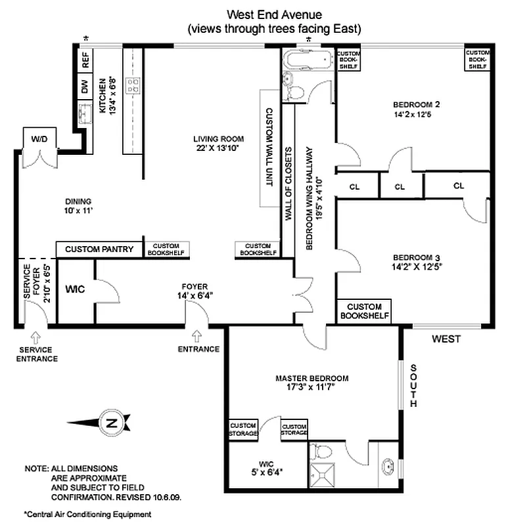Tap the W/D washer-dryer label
click(41, 138)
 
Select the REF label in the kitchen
click(85, 61)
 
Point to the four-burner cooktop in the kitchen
click(133, 85)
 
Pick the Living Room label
click(218, 138)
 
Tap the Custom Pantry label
click(99, 249)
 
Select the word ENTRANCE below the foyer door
click(198, 349)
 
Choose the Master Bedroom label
click(312, 379)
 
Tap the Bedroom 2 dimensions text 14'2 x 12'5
click(416, 114)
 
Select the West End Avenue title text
click(274, 14)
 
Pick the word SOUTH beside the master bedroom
click(414, 386)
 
